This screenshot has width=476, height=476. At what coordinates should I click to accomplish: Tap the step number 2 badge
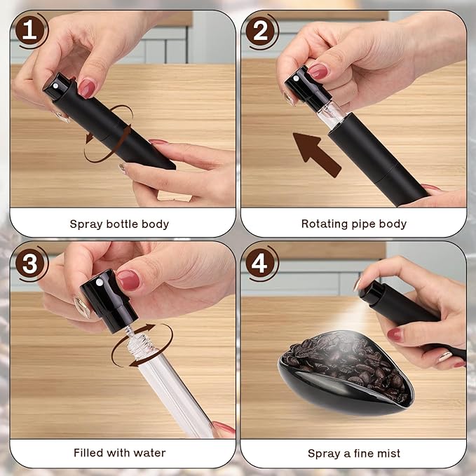point(262,31)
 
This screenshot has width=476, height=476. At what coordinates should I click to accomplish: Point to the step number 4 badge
point(262,263)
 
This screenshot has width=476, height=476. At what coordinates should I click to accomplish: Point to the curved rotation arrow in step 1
point(105,126)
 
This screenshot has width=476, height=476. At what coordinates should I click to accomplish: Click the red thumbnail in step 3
point(127,280)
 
